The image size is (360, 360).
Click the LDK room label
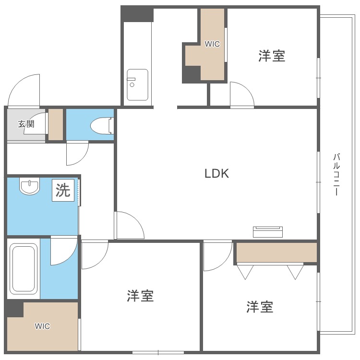pyautogui.click(x=216, y=174)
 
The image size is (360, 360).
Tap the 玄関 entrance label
pyautogui.click(x=26, y=124)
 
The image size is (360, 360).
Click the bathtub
pyautogui.click(x=24, y=269)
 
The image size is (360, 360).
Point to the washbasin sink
pyautogui.click(x=30, y=186)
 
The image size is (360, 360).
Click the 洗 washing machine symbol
pyautogui.click(x=63, y=191)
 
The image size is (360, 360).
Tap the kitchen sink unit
pyautogui.click(x=137, y=84)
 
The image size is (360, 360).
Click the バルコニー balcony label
pyautogui.click(x=336, y=175)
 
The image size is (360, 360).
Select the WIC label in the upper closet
pyautogui.click(x=212, y=44)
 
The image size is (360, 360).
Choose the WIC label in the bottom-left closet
pyautogui.click(x=42, y=326)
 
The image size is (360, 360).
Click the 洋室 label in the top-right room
pyautogui.click(x=272, y=56)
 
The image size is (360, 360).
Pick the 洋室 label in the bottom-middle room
pyautogui.click(x=140, y=296)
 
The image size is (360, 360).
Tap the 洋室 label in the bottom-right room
pyautogui.click(x=260, y=307)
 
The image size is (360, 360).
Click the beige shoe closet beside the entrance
pyautogui.click(x=56, y=124)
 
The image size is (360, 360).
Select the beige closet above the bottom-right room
pyautogui.click(x=276, y=252)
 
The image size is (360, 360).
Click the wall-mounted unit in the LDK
pyautogui.click(x=268, y=232)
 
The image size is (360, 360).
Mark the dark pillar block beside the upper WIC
pyautogui.click(x=192, y=74)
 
